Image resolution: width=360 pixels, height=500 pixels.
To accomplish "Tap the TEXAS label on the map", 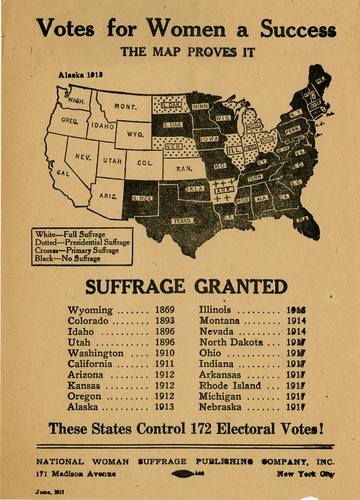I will [182, 221].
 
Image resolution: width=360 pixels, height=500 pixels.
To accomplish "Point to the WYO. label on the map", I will [135, 134].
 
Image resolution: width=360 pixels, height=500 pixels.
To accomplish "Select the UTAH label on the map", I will [112, 161].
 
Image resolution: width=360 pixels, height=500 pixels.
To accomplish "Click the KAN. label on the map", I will [184, 169].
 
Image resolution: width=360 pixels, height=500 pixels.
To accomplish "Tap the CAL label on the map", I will [63, 173].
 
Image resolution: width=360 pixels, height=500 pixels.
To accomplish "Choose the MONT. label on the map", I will [125, 106].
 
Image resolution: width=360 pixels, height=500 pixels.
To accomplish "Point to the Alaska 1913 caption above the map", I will [80, 75].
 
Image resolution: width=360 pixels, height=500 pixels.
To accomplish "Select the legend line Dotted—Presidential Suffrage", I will [82, 242].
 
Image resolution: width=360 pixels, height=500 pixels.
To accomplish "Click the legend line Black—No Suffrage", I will [67, 258].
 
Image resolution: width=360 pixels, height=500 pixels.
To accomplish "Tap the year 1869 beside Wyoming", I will [164, 310].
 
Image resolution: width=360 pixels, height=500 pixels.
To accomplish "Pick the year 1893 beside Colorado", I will [164, 321].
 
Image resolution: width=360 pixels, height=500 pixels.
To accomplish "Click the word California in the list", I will [90, 364].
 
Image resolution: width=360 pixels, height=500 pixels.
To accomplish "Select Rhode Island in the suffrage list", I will [230, 385].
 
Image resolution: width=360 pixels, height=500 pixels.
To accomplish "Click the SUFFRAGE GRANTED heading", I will [186, 287].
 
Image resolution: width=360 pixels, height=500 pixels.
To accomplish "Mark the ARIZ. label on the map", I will [108, 196].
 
